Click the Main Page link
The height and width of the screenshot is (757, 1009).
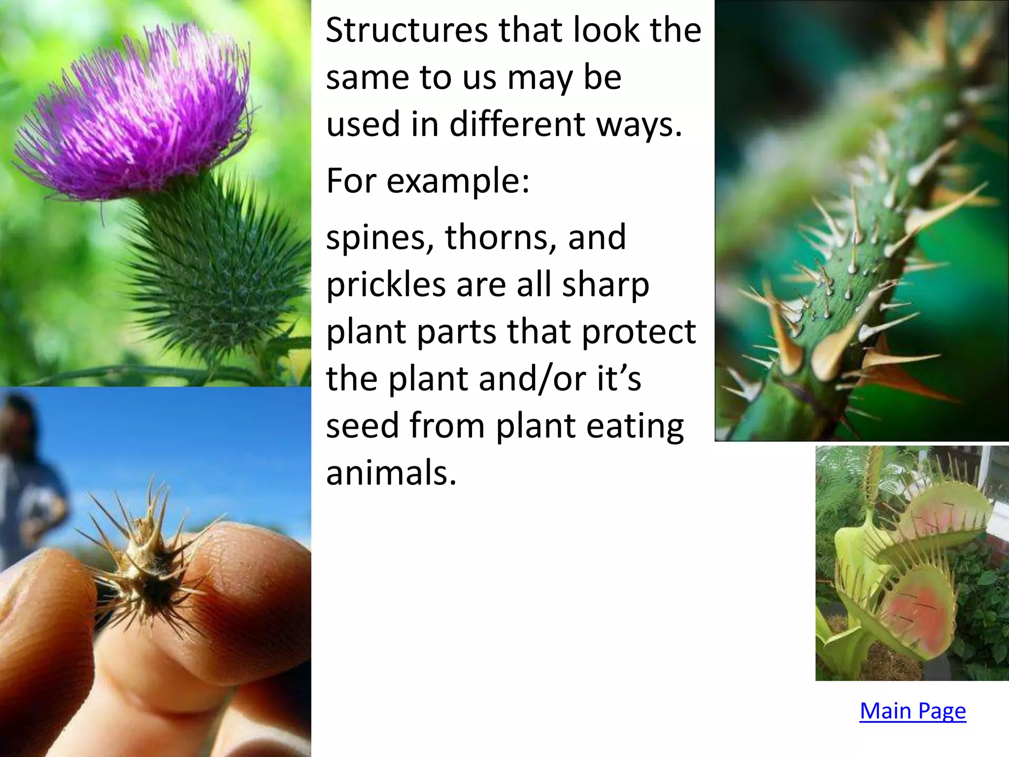click(x=912, y=711)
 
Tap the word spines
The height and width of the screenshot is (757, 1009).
click(x=379, y=238)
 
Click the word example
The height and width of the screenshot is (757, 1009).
click(x=458, y=181)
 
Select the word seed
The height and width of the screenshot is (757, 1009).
click(x=362, y=426)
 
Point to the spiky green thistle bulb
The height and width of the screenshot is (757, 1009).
click(x=217, y=276)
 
